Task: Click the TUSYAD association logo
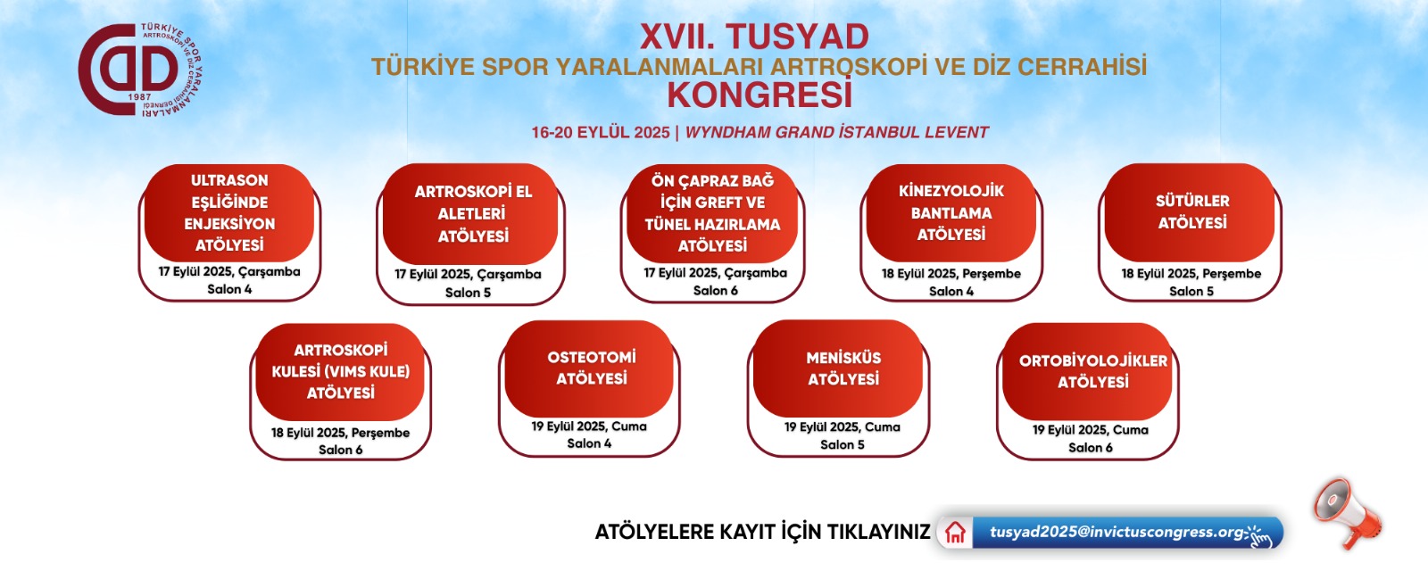click(x=140, y=70)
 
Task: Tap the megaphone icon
click(x=1347, y=512)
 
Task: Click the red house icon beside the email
click(x=955, y=532)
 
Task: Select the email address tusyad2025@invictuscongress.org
click(x=1117, y=532)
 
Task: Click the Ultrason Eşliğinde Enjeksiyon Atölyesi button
click(x=229, y=213)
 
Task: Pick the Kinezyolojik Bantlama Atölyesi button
click(x=951, y=213)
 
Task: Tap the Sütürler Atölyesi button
click(x=1191, y=212)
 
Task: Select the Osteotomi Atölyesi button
click(x=590, y=368)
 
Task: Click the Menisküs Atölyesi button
click(x=838, y=368)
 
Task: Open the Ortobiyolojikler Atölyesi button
click(x=1088, y=371)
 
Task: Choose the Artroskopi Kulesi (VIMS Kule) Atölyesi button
click(x=340, y=372)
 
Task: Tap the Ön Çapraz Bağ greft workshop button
click(x=713, y=213)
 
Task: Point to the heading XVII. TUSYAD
click(x=755, y=37)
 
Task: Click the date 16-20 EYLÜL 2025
click(x=601, y=133)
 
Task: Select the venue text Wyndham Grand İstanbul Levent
click(x=836, y=133)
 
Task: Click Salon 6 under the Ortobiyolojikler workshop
click(x=1091, y=447)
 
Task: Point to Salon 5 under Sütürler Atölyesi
click(x=1191, y=291)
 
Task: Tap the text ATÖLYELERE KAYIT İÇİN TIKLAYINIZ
click(x=762, y=532)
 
